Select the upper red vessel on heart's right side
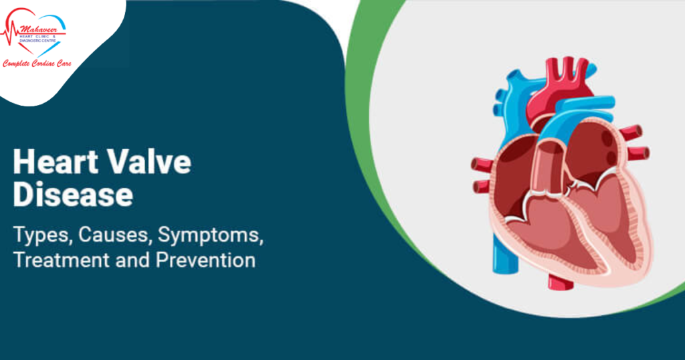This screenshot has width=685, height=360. pos(629,132)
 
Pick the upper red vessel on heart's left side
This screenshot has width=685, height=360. pos(481,164)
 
